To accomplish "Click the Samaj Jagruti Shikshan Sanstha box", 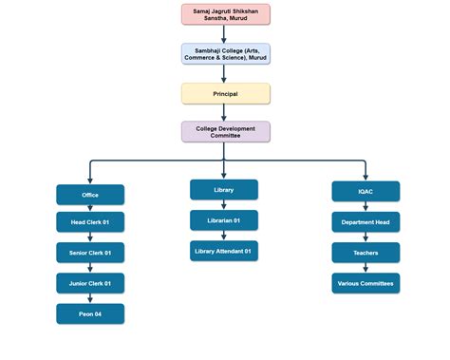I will [x=226, y=14].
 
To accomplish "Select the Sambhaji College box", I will [x=226, y=54].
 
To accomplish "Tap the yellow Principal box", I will [x=226, y=93].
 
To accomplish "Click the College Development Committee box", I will [x=226, y=132].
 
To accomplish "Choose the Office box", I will [x=90, y=195].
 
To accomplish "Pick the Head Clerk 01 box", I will [x=90, y=222].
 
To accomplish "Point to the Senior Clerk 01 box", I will [x=90, y=253].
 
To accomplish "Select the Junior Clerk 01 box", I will [x=90, y=283].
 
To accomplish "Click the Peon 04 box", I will [x=90, y=313].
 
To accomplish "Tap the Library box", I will [x=224, y=190].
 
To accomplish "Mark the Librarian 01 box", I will [x=224, y=220].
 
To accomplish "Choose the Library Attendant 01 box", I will [x=224, y=251].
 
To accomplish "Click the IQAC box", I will [x=366, y=192].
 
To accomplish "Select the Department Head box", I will [x=366, y=222].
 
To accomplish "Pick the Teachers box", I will [x=366, y=253].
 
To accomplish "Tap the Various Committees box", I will [x=366, y=283].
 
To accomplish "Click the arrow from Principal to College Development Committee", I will [x=226, y=112].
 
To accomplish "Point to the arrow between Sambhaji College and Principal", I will [x=226, y=74].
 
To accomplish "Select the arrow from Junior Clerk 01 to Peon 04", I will [x=90, y=298].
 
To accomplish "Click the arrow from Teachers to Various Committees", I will [x=366, y=268].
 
